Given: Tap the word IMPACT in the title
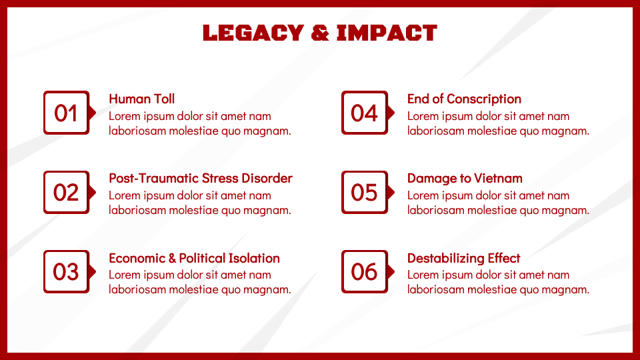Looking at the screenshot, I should (387, 33).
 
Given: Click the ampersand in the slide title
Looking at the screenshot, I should (320, 33).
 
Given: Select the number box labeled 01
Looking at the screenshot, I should (66, 113).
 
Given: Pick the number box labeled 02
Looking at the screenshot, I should (66, 192).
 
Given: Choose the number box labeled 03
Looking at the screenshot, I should (66, 271).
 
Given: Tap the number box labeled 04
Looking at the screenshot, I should (364, 113).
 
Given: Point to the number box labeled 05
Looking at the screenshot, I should (364, 192).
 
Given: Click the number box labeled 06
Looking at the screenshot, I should (364, 271).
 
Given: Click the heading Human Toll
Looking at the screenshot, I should (141, 99).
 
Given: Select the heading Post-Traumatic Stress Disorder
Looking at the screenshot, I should (200, 178).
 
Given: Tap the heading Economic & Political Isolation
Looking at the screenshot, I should (194, 258).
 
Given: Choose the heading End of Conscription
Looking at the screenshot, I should (464, 99).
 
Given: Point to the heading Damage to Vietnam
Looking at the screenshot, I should (465, 178).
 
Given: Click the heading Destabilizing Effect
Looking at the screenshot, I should (463, 258).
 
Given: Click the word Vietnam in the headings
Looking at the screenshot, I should (498, 178).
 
